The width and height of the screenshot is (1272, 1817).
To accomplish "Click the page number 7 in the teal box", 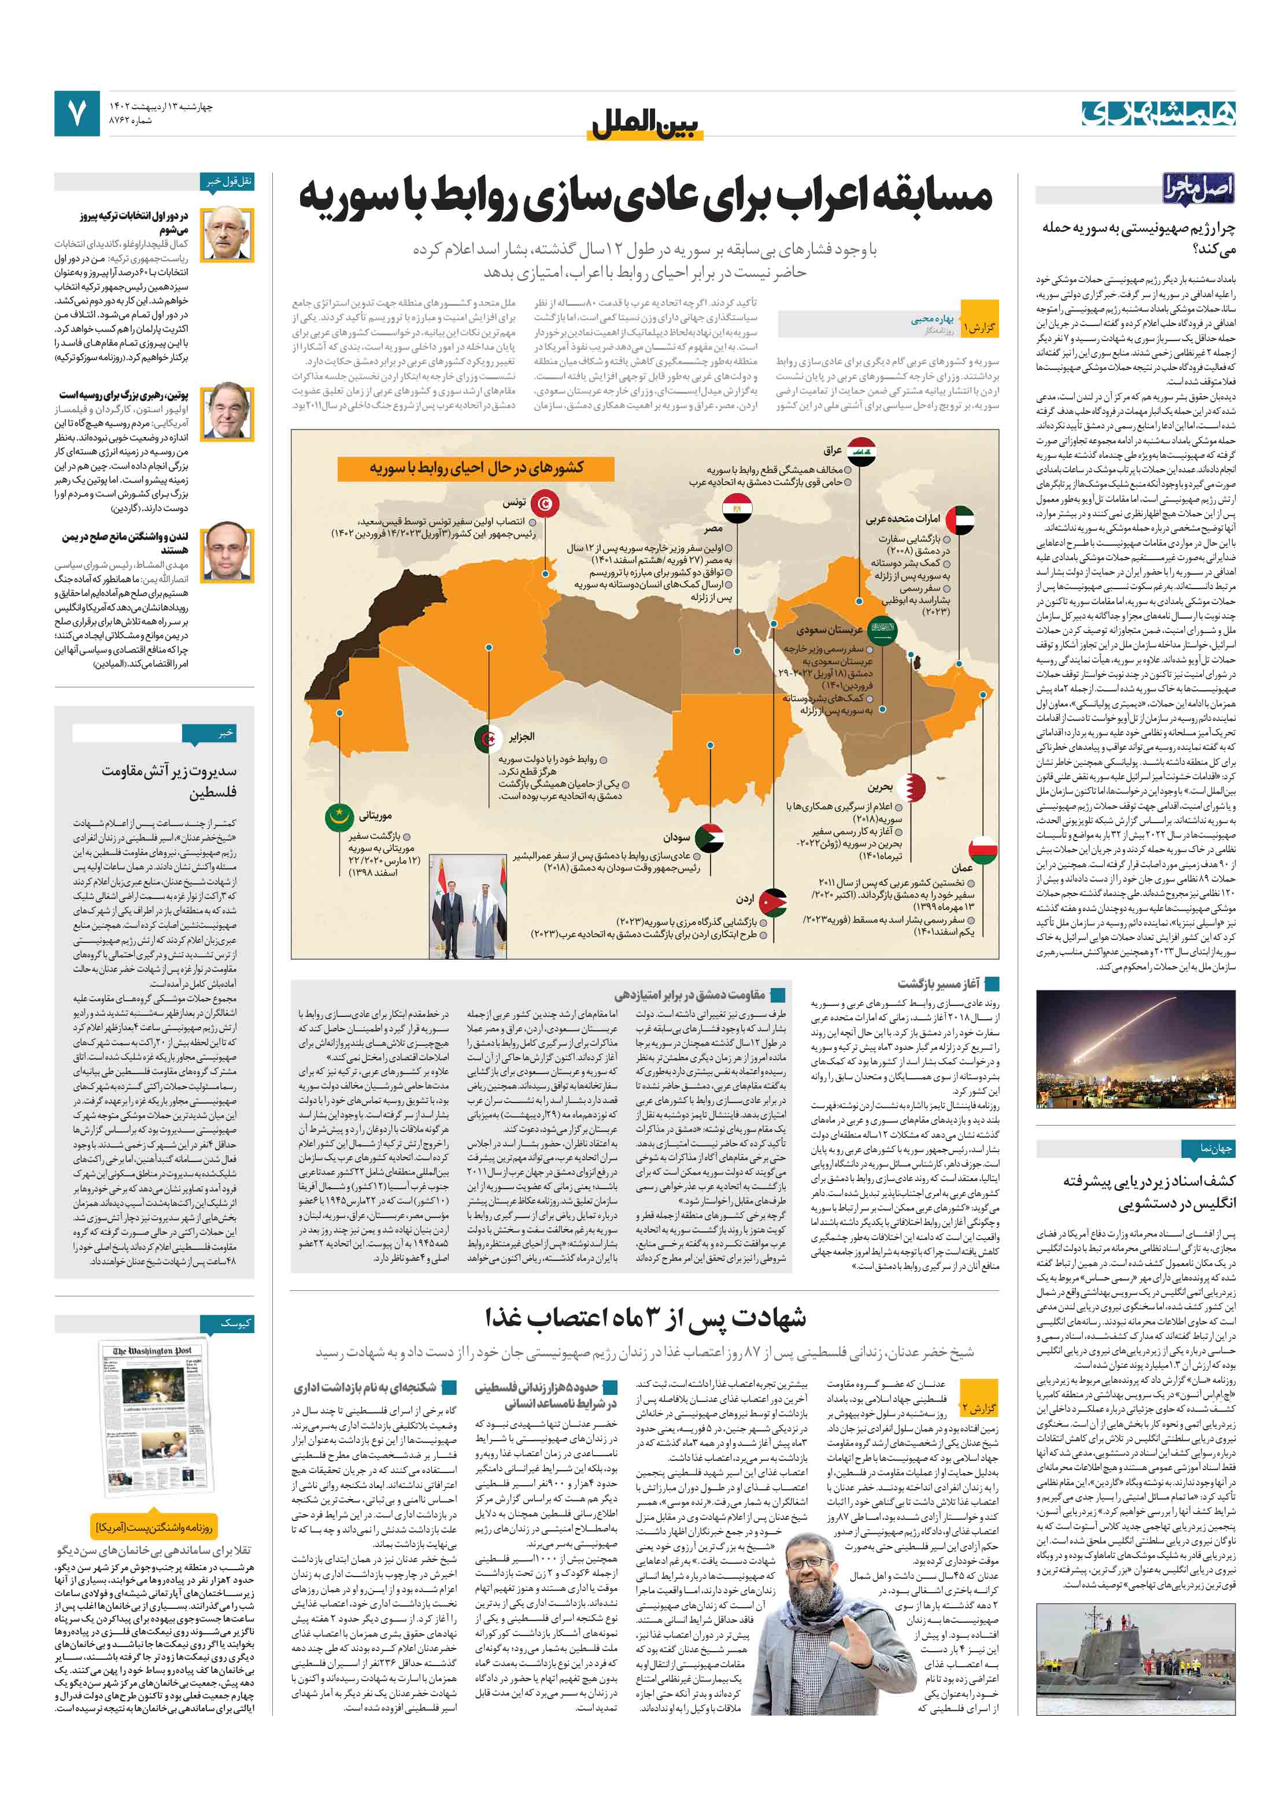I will pos(77,114).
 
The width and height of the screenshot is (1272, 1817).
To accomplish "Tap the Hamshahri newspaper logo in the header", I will pos(1158,114).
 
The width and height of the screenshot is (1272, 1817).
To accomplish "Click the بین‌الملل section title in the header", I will pos(646,124).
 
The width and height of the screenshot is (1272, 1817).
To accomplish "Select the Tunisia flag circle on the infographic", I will pos(545,502).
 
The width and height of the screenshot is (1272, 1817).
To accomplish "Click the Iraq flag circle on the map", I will pos(861,450).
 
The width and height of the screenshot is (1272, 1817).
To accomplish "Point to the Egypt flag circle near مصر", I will pos(738,504).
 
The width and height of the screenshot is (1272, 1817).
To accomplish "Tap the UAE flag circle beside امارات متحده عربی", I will pos(959,519).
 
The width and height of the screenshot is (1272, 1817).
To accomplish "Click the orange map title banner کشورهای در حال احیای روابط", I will pos(476,468).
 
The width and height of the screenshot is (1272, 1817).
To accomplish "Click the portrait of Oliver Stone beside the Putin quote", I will pos(227,410).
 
